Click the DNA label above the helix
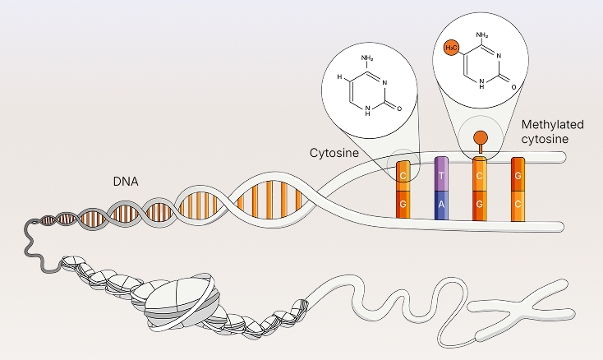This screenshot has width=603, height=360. [125, 179]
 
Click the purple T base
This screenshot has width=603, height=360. [442, 174]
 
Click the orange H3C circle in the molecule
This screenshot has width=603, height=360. [450, 48]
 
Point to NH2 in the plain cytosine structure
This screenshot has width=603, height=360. [367, 56]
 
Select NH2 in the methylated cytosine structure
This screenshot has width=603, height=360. [482, 35]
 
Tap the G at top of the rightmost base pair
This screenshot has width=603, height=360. [518, 174]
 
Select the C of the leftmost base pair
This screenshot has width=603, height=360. [403, 175]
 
